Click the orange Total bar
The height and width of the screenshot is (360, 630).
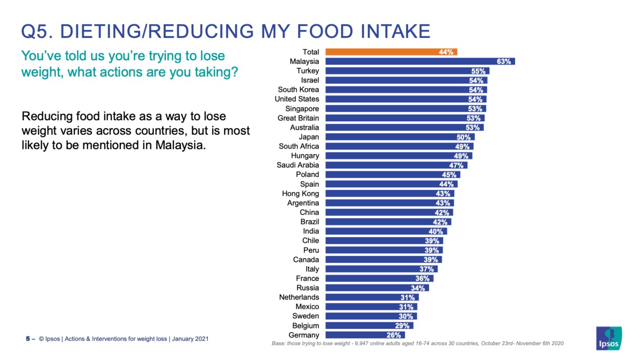(x=391, y=52)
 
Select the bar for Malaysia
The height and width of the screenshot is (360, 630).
(x=420, y=61)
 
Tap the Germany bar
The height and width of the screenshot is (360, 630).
(x=365, y=335)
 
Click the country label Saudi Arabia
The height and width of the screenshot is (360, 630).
(x=298, y=165)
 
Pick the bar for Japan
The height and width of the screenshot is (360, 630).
(x=400, y=137)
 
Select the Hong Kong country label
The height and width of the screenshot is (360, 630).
(x=300, y=194)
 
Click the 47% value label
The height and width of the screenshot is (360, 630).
(x=456, y=165)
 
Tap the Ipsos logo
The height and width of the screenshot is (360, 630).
(x=609, y=338)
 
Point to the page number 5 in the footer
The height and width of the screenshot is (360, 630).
(x=28, y=339)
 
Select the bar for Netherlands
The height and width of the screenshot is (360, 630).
(x=372, y=298)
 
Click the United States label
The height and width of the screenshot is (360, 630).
(x=297, y=99)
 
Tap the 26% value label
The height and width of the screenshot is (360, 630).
(x=394, y=335)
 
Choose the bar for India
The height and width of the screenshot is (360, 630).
(x=386, y=231)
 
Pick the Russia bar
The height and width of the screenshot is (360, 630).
(x=377, y=288)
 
